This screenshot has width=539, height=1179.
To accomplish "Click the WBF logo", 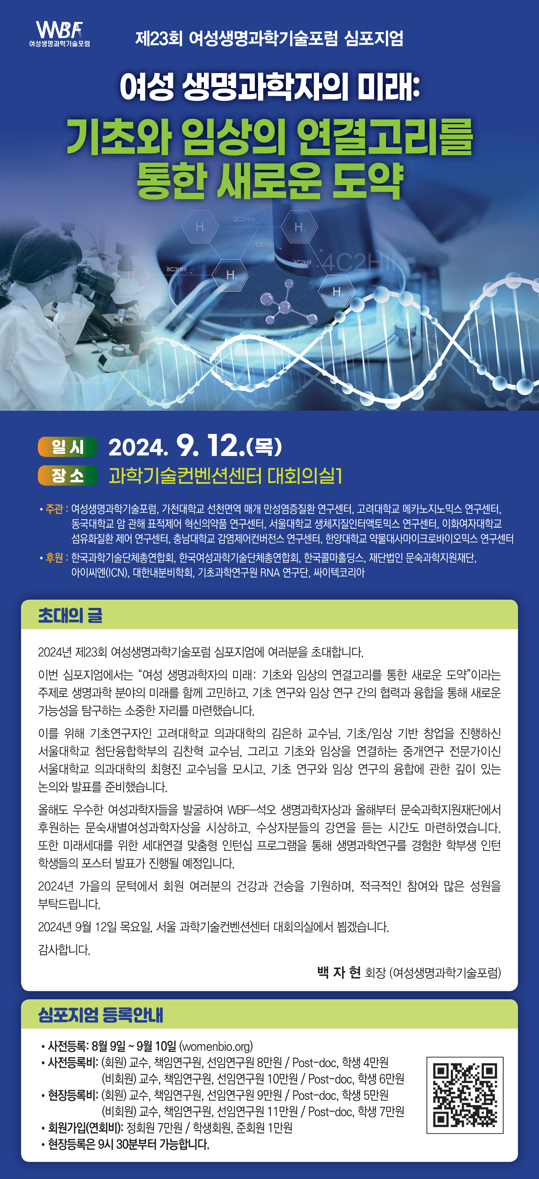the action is click(x=60, y=34).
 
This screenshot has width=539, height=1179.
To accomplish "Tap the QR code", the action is click(x=465, y=1095).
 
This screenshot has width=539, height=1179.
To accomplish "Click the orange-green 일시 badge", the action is click(x=68, y=447).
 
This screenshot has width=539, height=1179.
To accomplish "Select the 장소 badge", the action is click(x=68, y=476).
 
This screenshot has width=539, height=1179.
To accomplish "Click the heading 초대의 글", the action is click(x=70, y=615).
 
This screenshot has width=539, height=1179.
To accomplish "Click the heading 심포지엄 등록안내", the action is click(x=100, y=1015).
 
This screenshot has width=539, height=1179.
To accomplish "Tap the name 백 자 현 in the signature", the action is click(x=339, y=972).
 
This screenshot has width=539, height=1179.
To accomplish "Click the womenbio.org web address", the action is click(x=216, y=1046).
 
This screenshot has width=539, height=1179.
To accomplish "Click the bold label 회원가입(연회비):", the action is click(x=86, y=1128).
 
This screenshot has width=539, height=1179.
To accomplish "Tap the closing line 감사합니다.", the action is click(x=64, y=950).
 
